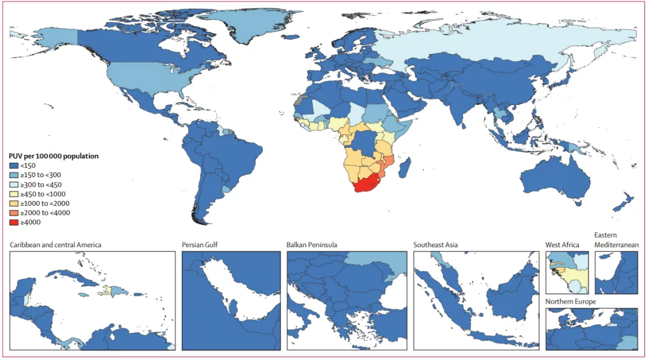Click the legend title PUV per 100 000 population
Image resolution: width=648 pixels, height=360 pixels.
click(53, 156)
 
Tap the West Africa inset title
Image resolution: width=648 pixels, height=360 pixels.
click(562, 245)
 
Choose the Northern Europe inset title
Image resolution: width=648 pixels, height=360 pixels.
click(571, 301)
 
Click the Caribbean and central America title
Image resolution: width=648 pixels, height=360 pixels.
click(56, 245)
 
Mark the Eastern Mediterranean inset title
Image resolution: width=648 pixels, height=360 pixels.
click(616, 240)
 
